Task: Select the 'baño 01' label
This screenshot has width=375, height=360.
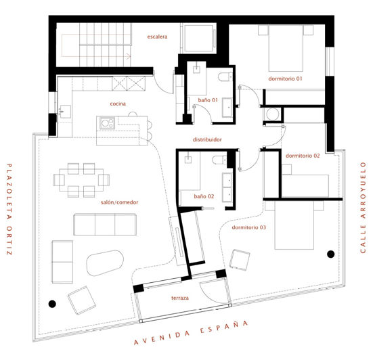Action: (208, 100)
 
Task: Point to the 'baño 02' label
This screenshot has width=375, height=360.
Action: (204, 197)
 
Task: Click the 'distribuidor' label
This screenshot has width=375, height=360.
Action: (208, 140)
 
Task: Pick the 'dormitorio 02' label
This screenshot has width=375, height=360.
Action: (303, 156)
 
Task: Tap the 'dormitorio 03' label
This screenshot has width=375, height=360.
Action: (248, 227)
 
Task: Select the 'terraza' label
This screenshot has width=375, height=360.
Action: (180, 298)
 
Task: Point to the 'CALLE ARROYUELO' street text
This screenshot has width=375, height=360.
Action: (361, 206)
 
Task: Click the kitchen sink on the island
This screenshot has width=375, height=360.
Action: (107, 123)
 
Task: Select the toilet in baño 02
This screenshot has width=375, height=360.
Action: (219, 160)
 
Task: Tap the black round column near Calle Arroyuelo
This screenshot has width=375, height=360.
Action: (330, 254)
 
